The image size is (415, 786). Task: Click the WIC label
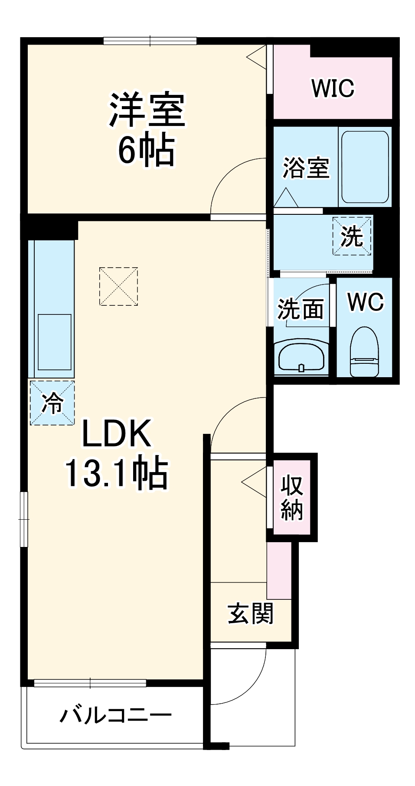[333, 88]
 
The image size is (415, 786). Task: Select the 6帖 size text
[147, 150]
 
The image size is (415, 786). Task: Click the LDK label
[117, 433]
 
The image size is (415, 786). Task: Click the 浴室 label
[306, 167]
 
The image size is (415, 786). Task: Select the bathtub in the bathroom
[365, 167]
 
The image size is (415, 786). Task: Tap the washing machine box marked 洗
[352, 236]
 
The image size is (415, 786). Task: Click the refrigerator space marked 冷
[52, 402]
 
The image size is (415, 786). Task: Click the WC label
[366, 301]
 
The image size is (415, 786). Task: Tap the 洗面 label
[301, 309]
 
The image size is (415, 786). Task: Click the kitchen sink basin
[55, 342]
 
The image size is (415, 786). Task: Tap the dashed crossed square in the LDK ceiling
[118, 286]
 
